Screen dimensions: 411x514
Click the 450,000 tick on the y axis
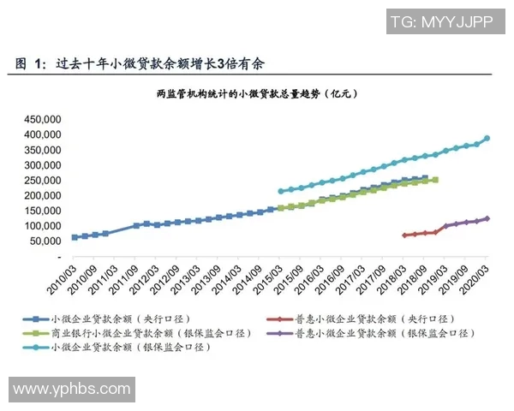[x=40, y=118]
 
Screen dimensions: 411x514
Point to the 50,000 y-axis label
[x=43, y=241]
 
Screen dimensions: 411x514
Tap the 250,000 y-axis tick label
[x=40, y=180]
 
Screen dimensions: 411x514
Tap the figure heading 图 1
[x=30, y=63]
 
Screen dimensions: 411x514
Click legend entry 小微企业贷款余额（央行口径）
[x=121, y=317]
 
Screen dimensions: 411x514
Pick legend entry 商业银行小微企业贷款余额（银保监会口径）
[x=141, y=332]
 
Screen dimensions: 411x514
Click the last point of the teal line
[x=487, y=138]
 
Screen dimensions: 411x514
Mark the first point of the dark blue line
[x=75, y=237]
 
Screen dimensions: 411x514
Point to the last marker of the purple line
[x=487, y=218]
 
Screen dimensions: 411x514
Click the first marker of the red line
[x=404, y=235]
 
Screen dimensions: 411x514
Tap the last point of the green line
[x=435, y=180]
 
